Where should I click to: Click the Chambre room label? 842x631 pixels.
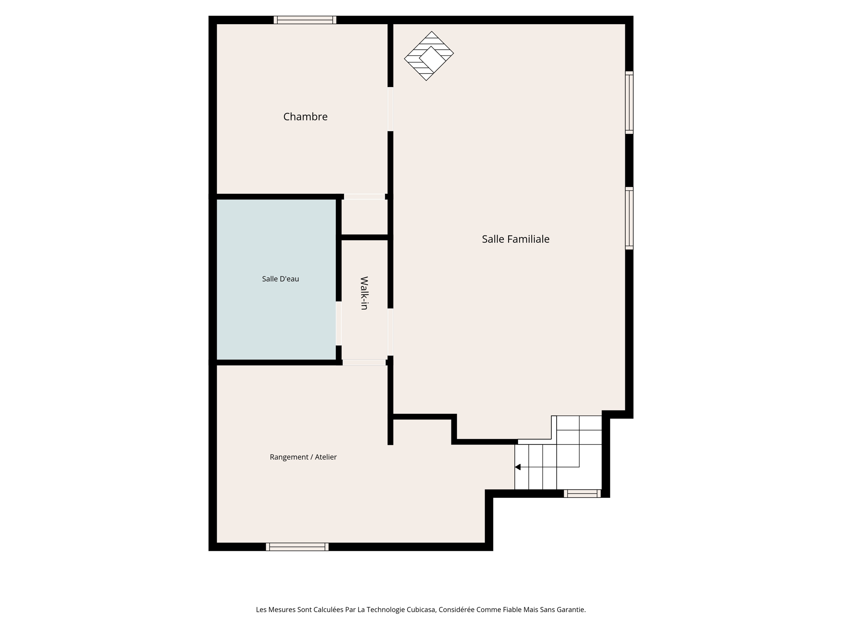tap(305, 117)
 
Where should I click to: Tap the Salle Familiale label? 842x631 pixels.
tap(515, 239)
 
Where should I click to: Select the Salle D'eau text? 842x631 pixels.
tap(280, 279)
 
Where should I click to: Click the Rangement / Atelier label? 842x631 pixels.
tap(303, 457)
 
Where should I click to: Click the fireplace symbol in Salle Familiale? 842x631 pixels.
tap(429, 56)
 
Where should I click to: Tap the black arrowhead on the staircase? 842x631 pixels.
tap(518, 467)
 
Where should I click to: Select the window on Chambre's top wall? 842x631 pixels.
tap(305, 20)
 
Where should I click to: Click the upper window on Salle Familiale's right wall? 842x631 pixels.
tap(629, 102)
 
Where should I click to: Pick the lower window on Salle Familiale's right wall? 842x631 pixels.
tap(629, 218)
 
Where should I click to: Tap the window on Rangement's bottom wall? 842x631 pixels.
tap(297, 546)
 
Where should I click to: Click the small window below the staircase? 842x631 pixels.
tap(582, 493)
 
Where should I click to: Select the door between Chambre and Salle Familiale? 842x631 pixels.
tap(390, 109)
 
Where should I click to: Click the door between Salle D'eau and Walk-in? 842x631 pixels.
tap(338, 323)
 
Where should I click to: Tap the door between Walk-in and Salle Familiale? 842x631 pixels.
tap(390, 332)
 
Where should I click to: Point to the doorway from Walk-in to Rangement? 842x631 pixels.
tap(364, 362)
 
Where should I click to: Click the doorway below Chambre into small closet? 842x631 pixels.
tap(364, 196)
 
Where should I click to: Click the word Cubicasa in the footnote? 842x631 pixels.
tap(421, 610)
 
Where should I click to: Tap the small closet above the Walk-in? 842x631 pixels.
tap(364, 217)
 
